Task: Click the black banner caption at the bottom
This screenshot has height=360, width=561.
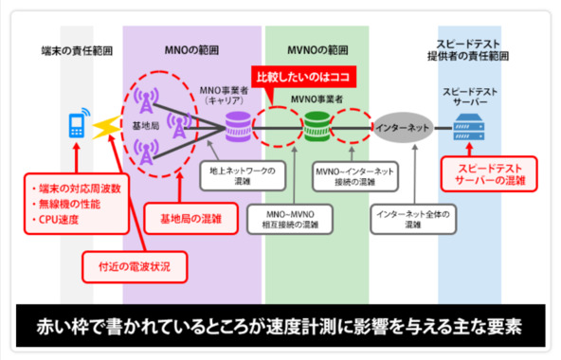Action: click(x=280, y=329)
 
